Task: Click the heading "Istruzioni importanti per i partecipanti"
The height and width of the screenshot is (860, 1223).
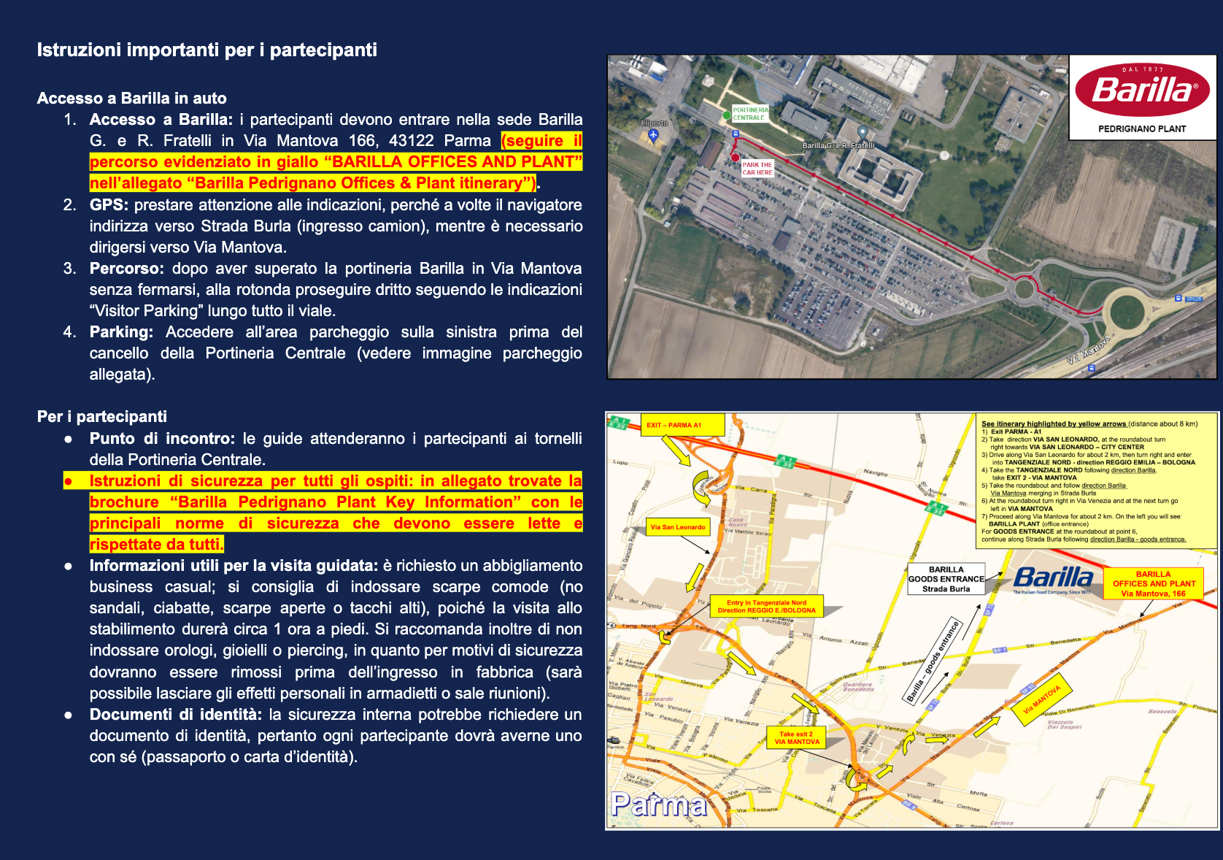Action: (207, 50)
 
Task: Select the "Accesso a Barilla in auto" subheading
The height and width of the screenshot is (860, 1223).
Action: (131, 99)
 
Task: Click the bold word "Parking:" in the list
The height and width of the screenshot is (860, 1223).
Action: (121, 332)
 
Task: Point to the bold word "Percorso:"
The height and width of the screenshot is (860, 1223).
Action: (126, 269)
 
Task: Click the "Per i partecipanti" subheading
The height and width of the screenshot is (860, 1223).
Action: (102, 417)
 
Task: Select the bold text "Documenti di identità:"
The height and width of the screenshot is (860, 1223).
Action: (175, 715)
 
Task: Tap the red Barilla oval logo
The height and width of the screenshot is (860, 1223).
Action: (1142, 90)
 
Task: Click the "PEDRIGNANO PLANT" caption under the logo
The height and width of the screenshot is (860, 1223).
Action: (1142, 129)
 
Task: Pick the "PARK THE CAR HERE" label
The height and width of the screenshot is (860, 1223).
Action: (757, 169)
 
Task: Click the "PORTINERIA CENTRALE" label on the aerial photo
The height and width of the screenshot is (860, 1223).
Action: (750, 114)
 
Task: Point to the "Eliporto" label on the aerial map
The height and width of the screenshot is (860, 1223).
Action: (654, 123)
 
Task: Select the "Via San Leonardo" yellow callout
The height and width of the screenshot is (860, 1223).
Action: (678, 527)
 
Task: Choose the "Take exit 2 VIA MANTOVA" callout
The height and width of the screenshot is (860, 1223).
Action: (797, 737)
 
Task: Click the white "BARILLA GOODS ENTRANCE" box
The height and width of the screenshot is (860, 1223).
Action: (946, 579)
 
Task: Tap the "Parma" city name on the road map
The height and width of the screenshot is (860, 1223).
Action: (659, 805)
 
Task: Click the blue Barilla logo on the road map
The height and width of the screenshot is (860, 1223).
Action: (1053, 578)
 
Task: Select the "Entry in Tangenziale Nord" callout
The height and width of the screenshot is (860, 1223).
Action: (766, 607)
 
